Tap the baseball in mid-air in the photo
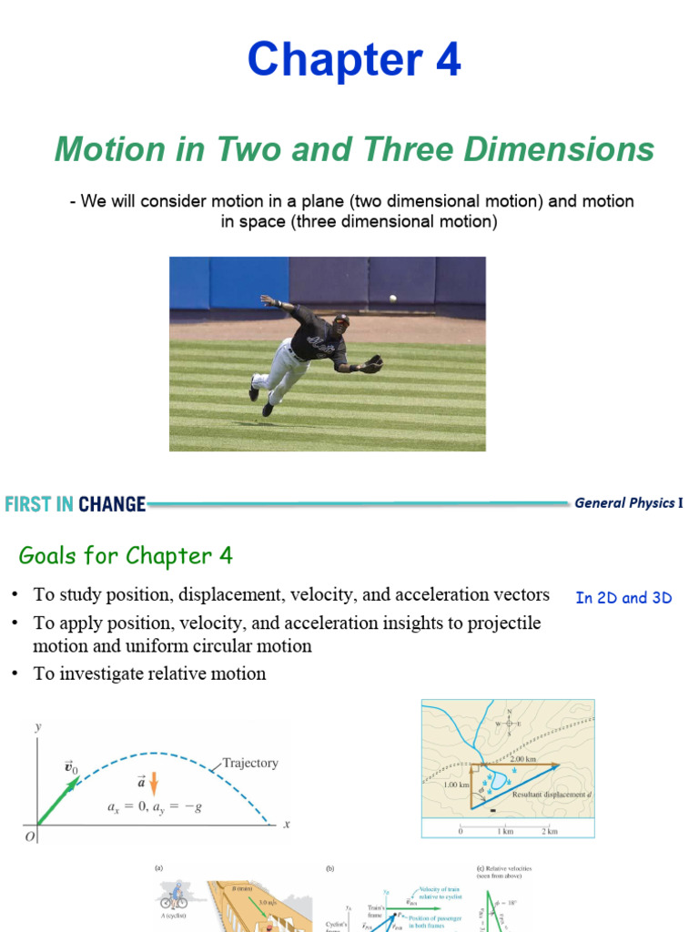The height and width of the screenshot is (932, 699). point(392,298)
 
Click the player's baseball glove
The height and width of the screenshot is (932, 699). point(371,364)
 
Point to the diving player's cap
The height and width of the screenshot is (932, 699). point(340,319)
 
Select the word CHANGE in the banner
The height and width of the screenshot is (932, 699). point(112,504)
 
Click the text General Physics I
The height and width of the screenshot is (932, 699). point(628,503)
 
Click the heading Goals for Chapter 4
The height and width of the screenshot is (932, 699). point(126,556)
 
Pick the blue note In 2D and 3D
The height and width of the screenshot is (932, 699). point(623,598)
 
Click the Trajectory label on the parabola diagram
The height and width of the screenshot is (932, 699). point(250,764)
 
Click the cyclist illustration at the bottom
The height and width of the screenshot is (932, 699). point(173,898)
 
